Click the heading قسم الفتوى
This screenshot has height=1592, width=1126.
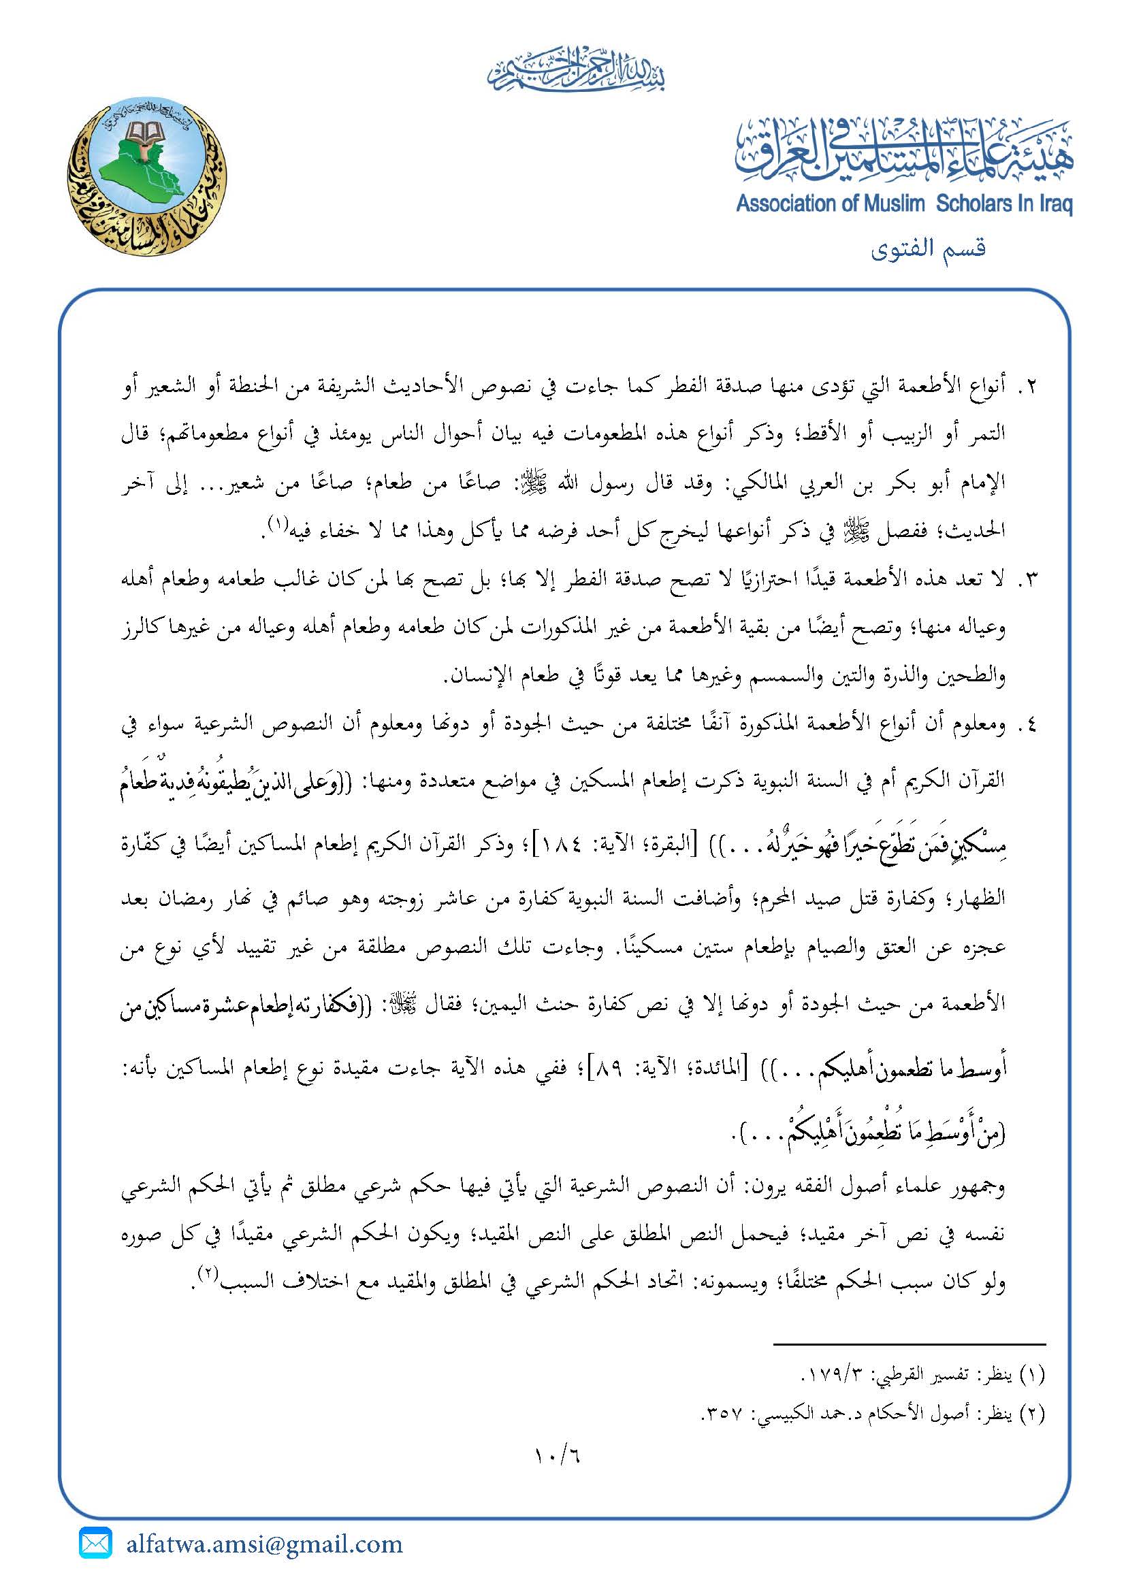click(929, 248)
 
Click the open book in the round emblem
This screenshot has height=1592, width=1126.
click(146, 132)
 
